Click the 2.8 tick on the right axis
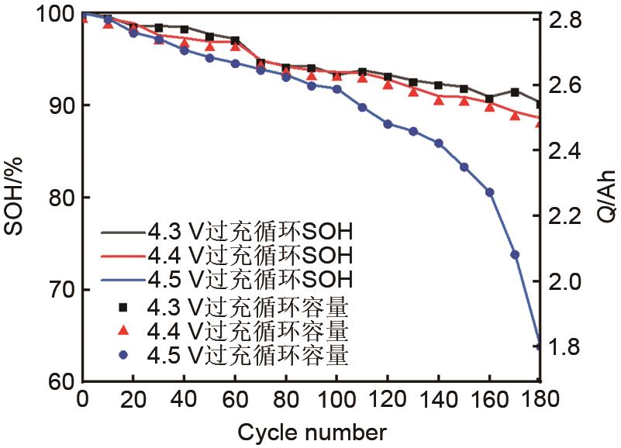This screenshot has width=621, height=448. coord(568,20)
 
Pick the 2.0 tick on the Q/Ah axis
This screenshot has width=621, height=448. coord(568,281)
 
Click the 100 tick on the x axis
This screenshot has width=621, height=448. coord(336,401)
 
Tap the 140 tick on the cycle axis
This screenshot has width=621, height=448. coord(439,401)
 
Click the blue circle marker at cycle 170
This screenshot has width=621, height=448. coord(515,254)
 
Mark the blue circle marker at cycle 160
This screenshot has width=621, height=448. coord(489,191)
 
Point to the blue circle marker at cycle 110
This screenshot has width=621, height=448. coord(362,107)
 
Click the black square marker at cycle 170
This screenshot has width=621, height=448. coord(515,91)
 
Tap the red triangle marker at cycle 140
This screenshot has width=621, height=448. coord(439,99)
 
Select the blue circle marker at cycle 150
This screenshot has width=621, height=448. coord(464,167)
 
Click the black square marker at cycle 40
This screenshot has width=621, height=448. coord(185,29)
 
